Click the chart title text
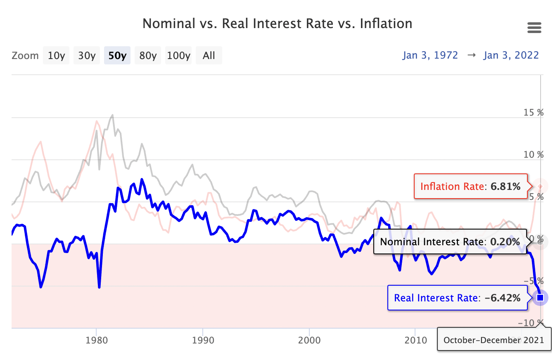pyautogui.click(x=277, y=24)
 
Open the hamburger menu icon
pyautogui.click(x=534, y=28)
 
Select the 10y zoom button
pyautogui.click(x=57, y=55)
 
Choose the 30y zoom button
pyautogui.click(x=87, y=55)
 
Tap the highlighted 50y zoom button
pyautogui.click(x=117, y=55)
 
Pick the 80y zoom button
pyautogui.click(x=148, y=55)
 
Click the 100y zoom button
pyautogui.click(x=179, y=55)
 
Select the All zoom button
pyautogui.click(x=209, y=55)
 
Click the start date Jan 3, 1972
pyautogui.click(x=430, y=55)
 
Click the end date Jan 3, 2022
pyautogui.click(x=511, y=55)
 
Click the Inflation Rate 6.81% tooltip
pyautogui.click(x=470, y=187)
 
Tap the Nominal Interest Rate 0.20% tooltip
pyautogui.click(x=450, y=242)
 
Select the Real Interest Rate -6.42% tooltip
pyautogui.click(x=457, y=298)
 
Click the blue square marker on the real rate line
pyautogui.click(x=540, y=298)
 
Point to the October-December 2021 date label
pyautogui.click(x=494, y=340)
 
